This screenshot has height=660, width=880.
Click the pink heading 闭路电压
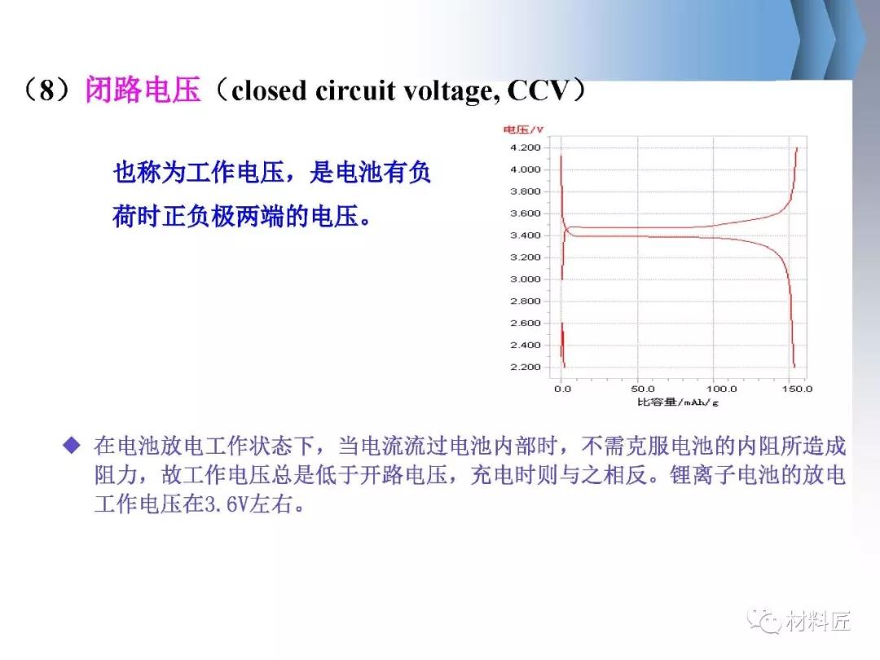pos(143,90)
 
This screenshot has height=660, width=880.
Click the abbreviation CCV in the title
pos(538,90)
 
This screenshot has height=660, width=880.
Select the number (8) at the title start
pos(47,90)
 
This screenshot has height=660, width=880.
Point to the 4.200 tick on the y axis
pos(526,147)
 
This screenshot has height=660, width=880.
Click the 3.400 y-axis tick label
pos(526,235)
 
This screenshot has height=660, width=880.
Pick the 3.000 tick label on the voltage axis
pos(526,279)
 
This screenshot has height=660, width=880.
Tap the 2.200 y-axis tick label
pos(526,367)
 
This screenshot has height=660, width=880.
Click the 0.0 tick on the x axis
pos(562,389)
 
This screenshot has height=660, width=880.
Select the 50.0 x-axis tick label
pos(643,389)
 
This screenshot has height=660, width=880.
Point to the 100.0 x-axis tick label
pos(721,389)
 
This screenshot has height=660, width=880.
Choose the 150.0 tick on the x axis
pos(797,389)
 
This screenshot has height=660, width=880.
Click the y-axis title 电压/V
pos(523,130)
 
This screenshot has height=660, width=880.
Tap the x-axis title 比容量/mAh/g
pos(677,402)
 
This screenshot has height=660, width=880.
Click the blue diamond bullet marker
pos(72,446)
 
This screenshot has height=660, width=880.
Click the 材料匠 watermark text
pos(818,621)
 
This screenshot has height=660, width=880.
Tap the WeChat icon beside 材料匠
pos(763,620)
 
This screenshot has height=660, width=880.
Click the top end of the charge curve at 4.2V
pos(797,147)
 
